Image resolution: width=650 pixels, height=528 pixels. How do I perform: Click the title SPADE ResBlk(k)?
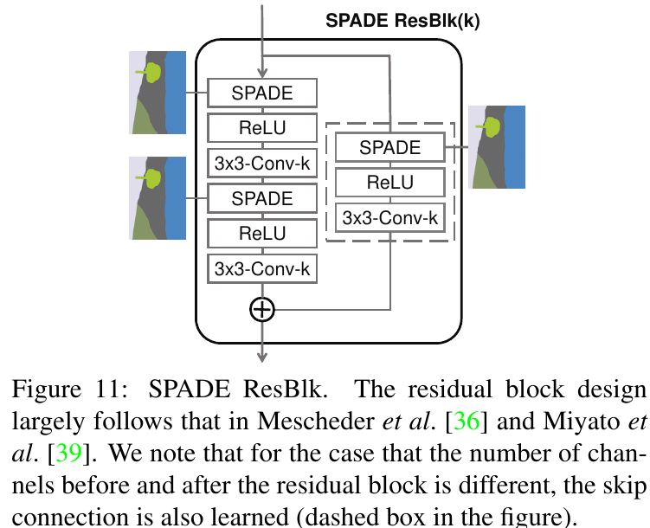tap(402, 21)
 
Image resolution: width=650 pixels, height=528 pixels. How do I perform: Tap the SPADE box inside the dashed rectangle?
tap(389, 147)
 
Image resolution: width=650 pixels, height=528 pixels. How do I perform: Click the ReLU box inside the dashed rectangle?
tap(389, 183)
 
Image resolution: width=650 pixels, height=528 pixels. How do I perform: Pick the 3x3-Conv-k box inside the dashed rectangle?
tap(389, 218)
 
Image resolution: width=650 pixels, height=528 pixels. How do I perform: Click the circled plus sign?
tap(261, 309)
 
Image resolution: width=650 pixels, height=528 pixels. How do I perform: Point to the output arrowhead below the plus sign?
tap(261, 355)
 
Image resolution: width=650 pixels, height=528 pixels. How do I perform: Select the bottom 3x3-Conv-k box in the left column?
tap(262, 268)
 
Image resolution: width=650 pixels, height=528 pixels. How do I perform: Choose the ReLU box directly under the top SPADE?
tap(262, 128)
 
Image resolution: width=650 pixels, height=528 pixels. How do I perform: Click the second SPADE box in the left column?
tap(262, 198)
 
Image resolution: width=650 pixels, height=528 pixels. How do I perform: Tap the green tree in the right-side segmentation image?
tap(492, 126)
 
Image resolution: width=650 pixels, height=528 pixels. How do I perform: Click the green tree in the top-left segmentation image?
tap(152, 72)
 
